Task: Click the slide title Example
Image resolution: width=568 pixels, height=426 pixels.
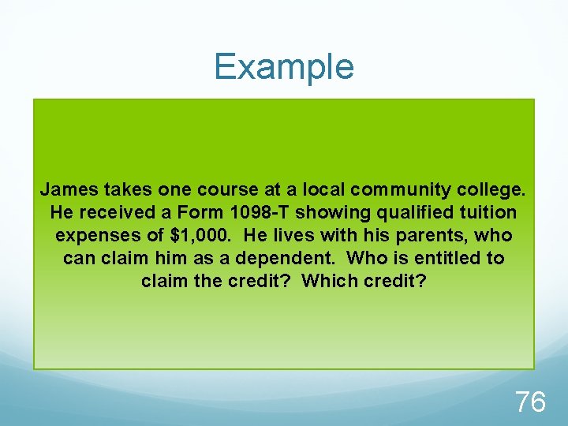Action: click(x=284, y=66)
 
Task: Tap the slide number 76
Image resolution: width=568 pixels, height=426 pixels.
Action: click(x=530, y=402)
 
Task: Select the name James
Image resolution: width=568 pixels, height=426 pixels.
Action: click(x=65, y=189)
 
